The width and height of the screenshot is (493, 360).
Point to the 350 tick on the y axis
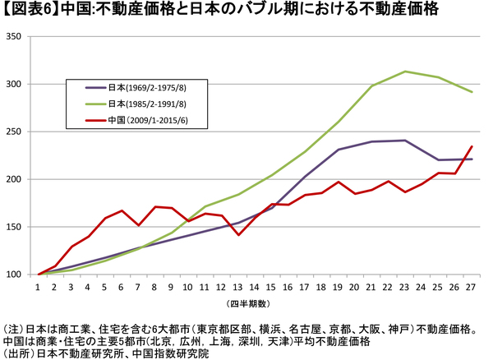[x=15, y=37]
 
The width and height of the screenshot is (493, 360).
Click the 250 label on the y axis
[x=15, y=132]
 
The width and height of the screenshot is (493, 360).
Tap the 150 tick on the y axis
[x=15, y=227]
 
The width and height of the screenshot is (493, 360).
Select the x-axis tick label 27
[x=470, y=288]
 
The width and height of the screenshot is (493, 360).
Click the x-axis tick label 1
[x=39, y=288]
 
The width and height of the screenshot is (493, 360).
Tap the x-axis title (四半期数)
[x=246, y=303]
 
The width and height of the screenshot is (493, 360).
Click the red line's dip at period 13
[x=238, y=235]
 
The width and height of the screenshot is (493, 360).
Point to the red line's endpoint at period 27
[x=471, y=146]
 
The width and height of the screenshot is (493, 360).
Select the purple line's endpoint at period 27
[x=471, y=159]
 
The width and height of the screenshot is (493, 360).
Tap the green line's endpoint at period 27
[x=471, y=92]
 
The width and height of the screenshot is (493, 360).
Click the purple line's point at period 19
[x=338, y=150]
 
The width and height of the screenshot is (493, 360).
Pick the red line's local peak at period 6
[x=122, y=210]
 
